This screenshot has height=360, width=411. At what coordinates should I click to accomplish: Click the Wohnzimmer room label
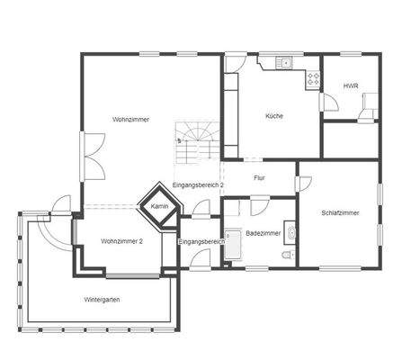[130, 120]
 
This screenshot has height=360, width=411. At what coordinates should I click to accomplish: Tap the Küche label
[273, 116]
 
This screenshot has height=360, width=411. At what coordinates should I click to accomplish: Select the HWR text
[350, 86]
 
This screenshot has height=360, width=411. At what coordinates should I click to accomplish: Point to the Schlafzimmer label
[340, 213]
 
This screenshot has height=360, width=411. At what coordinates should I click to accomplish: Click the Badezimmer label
[263, 233]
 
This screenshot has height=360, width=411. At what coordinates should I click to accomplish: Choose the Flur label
[259, 177]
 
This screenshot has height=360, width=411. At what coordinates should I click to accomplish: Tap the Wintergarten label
[102, 300]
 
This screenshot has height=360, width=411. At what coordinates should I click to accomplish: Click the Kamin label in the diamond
[160, 206]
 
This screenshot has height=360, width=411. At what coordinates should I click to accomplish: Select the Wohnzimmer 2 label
[121, 241]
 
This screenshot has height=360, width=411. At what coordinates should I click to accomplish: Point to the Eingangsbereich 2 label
[198, 185]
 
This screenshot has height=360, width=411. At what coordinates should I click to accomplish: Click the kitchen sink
[284, 62]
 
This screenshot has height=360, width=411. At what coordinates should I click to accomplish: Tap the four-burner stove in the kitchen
[314, 79]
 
